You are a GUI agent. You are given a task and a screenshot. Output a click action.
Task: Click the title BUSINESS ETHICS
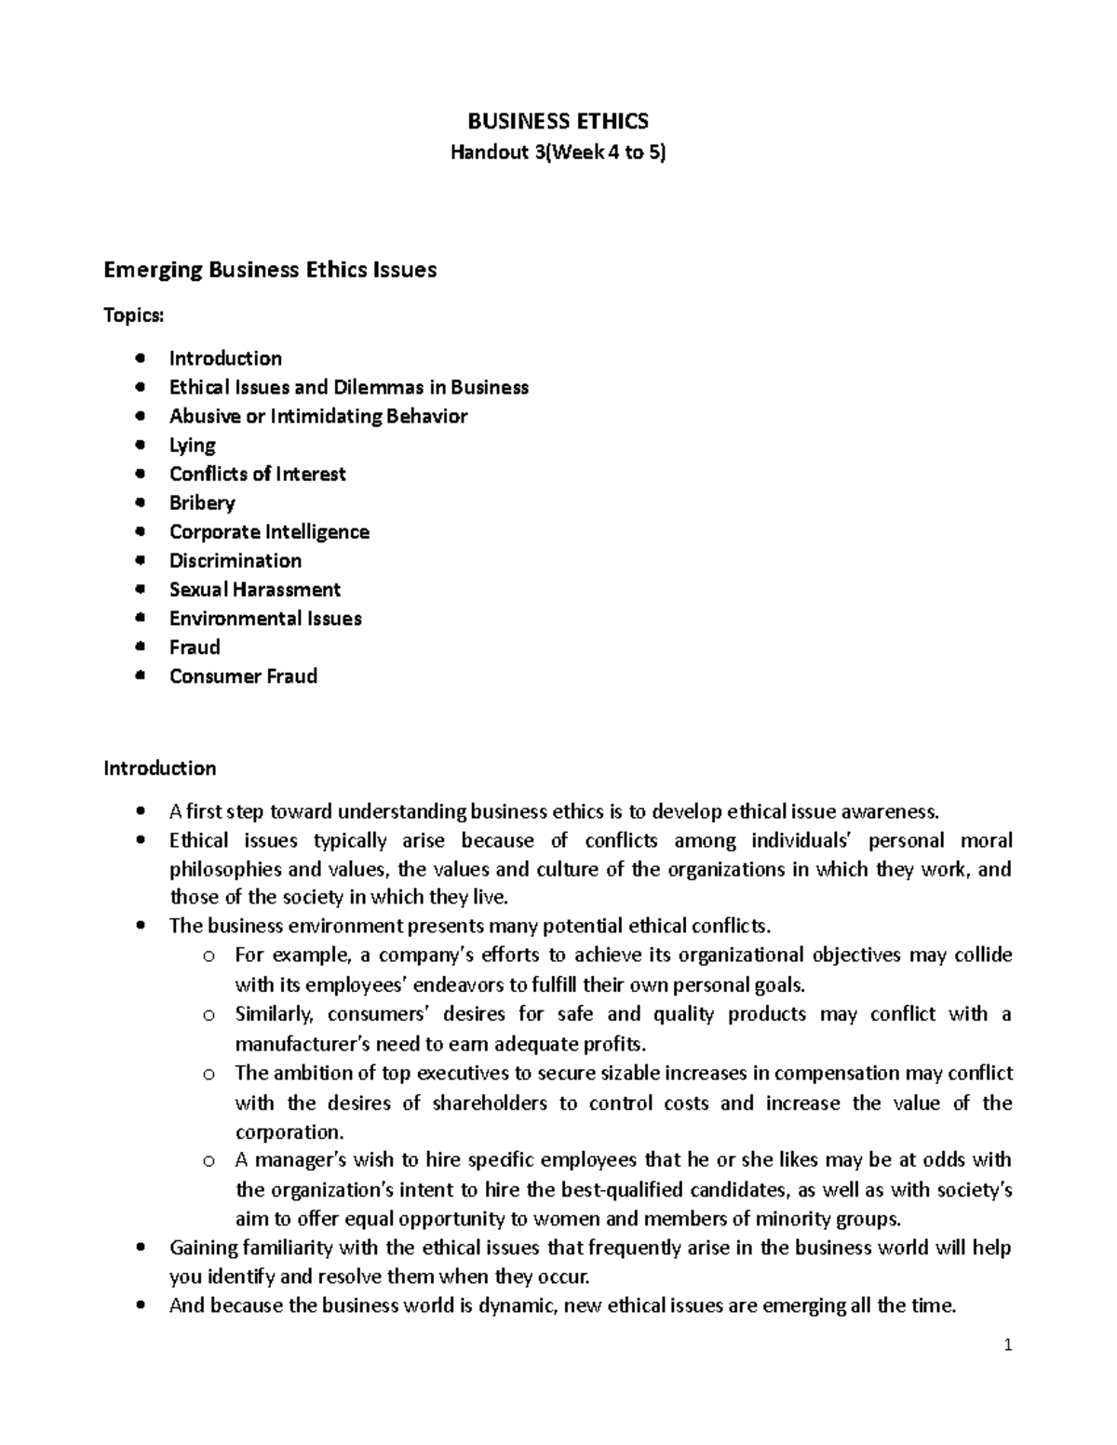click(558, 121)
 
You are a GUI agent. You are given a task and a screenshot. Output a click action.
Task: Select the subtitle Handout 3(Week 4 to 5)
click(558, 154)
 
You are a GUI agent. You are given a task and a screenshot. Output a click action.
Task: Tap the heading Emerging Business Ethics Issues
click(270, 270)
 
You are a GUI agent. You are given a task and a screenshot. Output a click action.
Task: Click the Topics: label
click(133, 315)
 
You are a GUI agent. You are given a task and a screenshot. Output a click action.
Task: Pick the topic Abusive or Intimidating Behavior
click(318, 416)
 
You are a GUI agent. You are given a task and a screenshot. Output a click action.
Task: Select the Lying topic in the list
click(193, 445)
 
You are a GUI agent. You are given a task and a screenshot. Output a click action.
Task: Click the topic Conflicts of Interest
click(258, 474)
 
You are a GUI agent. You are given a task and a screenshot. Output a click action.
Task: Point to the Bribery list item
click(202, 502)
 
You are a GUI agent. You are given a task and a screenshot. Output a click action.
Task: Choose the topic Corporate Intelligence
click(269, 531)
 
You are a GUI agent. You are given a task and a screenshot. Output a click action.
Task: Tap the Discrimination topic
click(236, 560)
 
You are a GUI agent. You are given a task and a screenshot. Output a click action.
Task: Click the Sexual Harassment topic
click(255, 589)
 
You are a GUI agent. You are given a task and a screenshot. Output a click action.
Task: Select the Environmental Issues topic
click(265, 618)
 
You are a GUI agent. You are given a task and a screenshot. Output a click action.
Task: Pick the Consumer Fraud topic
click(243, 676)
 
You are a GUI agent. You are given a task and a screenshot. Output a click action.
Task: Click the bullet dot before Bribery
click(140, 502)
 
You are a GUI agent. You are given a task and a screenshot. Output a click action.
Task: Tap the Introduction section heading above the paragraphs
click(159, 768)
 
